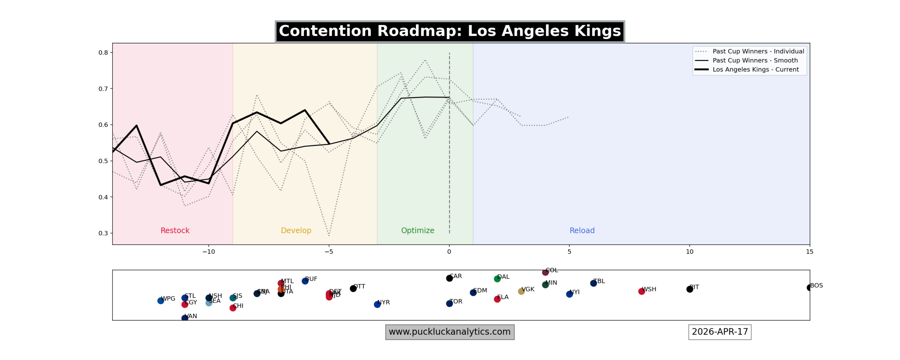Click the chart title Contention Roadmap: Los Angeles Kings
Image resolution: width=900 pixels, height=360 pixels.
tap(449, 31)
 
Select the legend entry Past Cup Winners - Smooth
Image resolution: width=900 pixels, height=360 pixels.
tap(755, 60)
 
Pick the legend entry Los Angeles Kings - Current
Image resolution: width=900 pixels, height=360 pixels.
tap(755, 70)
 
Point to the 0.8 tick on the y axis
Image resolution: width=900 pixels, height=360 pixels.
tap(103, 53)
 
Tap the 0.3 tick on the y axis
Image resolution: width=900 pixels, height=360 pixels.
tap(103, 233)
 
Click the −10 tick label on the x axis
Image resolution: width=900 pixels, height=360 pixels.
tap(208, 252)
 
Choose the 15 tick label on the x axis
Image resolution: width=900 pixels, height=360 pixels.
tap(809, 252)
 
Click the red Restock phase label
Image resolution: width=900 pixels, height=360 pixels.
tap(175, 231)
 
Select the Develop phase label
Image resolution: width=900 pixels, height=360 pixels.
tap(296, 231)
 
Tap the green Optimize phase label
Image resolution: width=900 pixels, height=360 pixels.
tap(417, 231)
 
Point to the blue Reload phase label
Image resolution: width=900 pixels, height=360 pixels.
tap(582, 231)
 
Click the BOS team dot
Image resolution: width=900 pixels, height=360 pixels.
tap(809, 288)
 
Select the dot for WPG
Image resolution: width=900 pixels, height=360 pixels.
tap(161, 301)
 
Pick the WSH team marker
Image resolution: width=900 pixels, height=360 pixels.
tap(641, 291)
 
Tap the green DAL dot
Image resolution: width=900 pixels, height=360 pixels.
tap(497, 279)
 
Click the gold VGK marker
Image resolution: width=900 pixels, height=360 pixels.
tap(521, 291)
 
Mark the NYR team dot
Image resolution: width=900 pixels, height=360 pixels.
tap(377, 304)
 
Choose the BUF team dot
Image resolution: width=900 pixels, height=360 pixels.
tap(305, 281)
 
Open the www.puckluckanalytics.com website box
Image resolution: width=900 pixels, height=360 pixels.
tap(449, 332)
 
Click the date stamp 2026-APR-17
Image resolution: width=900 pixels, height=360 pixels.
tap(719, 332)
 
